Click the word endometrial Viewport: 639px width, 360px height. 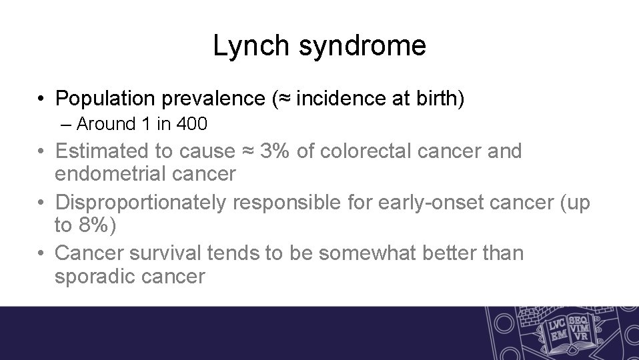tap(111, 174)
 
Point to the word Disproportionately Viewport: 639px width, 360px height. tap(141, 203)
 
